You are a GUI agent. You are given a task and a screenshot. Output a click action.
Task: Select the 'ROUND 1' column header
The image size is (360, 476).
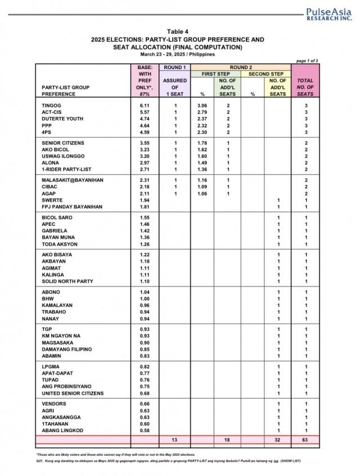[x=174, y=67]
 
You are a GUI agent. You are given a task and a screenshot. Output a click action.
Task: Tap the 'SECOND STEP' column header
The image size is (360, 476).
[x=265, y=74]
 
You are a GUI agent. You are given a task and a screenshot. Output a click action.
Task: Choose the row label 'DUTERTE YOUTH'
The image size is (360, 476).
[x=62, y=119]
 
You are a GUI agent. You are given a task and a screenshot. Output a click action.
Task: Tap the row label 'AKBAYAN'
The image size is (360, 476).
[x=54, y=261]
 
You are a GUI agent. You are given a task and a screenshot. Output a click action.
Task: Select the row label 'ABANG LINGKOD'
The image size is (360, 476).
[x=62, y=430]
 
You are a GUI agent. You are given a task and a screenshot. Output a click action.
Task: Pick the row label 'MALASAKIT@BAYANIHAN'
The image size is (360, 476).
[x=73, y=179]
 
